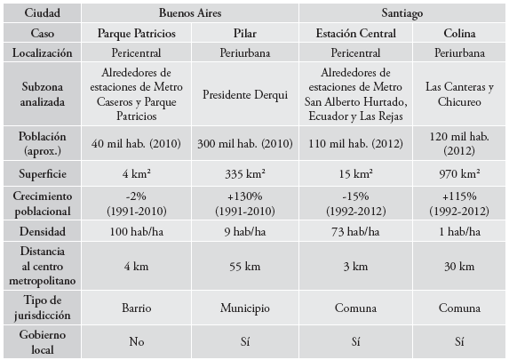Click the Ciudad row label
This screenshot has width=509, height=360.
point(42,14)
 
